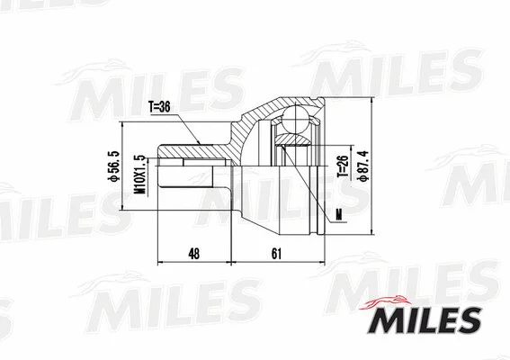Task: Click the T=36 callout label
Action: pos(159,106)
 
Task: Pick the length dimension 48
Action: pos(195,255)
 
